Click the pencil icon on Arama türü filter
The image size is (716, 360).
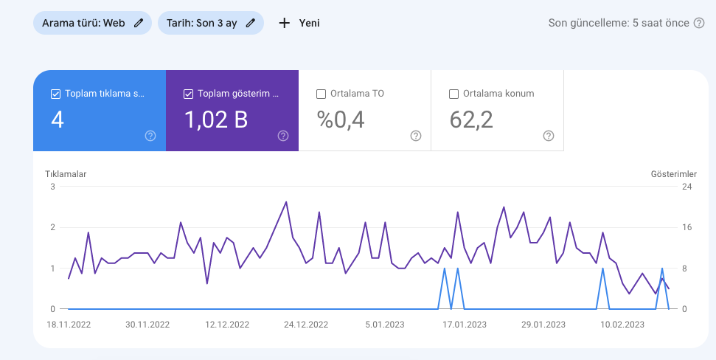coord(139,24)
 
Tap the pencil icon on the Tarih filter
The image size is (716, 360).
coord(250,24)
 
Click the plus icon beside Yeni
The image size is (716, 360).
coord(285,23)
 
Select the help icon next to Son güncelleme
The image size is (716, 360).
coord(699,23)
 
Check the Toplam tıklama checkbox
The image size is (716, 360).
coord(56,94)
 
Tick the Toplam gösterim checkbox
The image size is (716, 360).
coord(188,94)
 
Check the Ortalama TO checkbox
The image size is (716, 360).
coord(321,94)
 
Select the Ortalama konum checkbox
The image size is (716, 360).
coord(454,94)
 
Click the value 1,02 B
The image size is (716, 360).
coord(216,120)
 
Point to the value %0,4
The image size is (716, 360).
coord(341,120)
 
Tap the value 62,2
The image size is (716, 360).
coord(471,120)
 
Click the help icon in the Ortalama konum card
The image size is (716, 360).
coord(549,136)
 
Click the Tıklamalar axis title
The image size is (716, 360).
coord(66,174)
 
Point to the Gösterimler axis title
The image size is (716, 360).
coord(674,174)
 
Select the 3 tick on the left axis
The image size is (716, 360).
coord(53,187)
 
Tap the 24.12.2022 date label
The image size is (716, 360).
coord(306,325)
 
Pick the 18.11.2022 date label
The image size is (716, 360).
coord(69,325)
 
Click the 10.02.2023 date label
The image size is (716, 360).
coord(622,325)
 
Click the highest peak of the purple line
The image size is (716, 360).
coord(286,202)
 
